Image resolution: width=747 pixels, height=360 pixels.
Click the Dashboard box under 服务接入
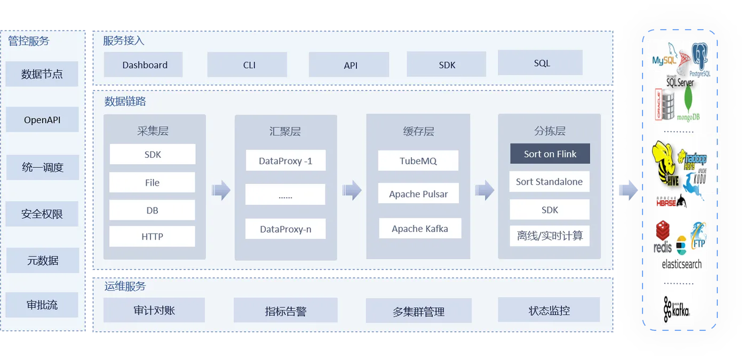coord(143,65)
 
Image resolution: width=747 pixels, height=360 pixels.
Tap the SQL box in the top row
coord(540,63)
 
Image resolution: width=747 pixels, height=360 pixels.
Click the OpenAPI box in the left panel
coord(42,119)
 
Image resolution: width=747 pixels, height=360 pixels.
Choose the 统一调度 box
coord(42,167)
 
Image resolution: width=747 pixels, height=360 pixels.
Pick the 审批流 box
coord(42,305)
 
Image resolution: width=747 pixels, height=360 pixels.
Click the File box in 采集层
coord(152,182)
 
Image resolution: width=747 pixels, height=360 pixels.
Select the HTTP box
coord(152,236)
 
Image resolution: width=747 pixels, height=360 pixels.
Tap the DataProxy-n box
coord(285,229)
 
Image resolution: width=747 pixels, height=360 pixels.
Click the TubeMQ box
coord(418,161)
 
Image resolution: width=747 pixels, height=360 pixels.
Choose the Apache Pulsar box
coord(418,194)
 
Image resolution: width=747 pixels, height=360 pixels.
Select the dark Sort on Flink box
coord(550,154)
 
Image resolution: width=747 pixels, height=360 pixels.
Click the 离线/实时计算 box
coord(550,236)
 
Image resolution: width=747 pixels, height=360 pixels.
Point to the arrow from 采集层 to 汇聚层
coord(220,190)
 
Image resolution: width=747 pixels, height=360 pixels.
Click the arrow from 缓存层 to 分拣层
coord(484,190)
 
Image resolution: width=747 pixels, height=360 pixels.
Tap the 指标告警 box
coord(285,310)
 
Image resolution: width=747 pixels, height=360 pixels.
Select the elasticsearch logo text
coord(681,264)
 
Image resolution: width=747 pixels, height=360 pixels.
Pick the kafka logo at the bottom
coord(677,308)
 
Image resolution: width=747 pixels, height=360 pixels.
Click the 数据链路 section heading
coord(125,101)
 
